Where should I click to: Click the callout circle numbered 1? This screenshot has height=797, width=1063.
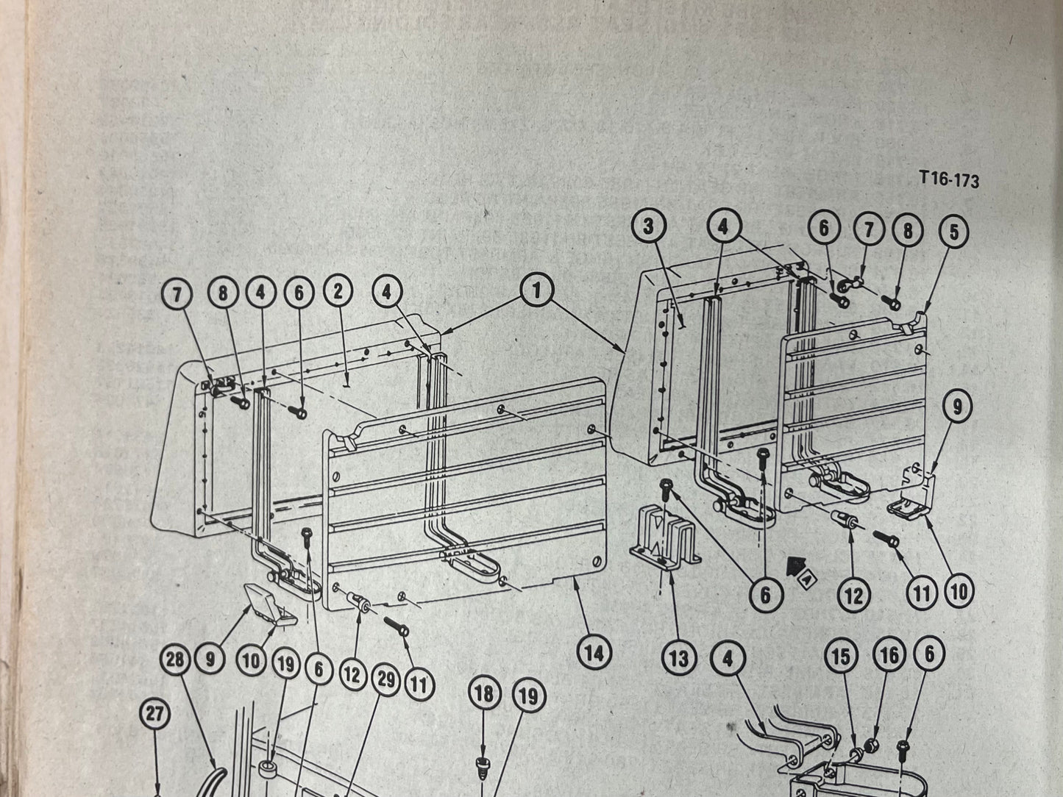536,291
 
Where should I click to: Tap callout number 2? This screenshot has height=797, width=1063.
338,292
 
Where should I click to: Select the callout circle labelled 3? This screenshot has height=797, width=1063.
647,227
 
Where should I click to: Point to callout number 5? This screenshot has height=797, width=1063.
953,232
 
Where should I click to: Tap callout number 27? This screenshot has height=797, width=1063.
157,715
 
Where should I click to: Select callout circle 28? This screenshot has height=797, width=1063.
175,660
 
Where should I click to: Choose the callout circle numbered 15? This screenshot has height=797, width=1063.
840,657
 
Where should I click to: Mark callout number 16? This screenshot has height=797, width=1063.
889,655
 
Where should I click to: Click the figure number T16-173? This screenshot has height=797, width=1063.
948,179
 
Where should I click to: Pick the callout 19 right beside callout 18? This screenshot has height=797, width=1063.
528,696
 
